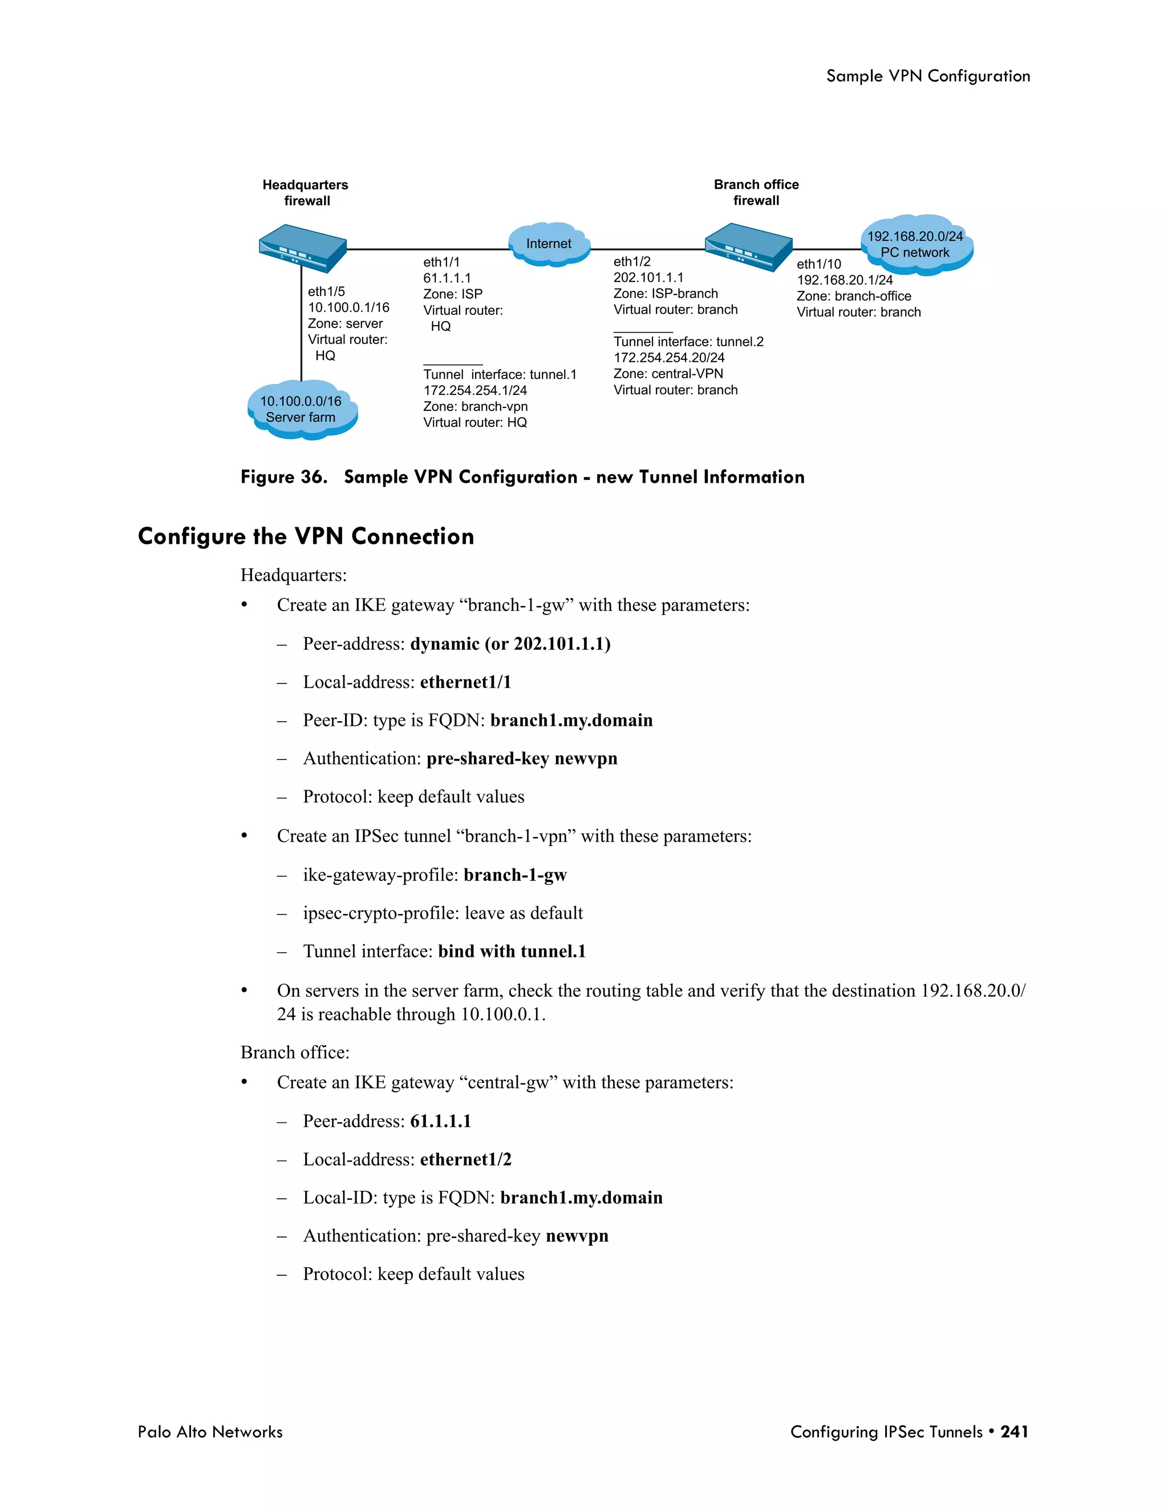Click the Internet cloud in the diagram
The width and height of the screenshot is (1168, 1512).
pos(549,244)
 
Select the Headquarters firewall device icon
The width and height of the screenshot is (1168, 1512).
pos(302,247)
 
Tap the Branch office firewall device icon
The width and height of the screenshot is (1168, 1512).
pos(749,246)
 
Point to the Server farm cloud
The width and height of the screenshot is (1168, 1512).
pos(302,409)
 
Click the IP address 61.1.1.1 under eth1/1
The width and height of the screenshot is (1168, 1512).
pos(447,278)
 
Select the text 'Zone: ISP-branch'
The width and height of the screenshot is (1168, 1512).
pos(665,293)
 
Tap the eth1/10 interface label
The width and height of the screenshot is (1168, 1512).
pos(818,264)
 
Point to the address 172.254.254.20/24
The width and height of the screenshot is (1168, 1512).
pos(668,357)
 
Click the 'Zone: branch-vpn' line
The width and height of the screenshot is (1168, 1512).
pos(476,406)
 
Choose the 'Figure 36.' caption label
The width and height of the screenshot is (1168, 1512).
pos(283,477)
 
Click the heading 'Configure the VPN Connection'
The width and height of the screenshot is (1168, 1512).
pos(306,536)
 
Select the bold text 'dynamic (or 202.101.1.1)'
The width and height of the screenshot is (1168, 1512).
pos(510,644)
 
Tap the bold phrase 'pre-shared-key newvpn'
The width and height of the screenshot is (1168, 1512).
pos(522,758)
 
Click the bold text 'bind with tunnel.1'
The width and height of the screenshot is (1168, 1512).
pos(512,951)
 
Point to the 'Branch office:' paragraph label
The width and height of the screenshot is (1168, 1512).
pos(295,1052)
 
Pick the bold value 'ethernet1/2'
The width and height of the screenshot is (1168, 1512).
pos(466,1159)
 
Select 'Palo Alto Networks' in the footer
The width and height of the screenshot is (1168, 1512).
pos(210,1432)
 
